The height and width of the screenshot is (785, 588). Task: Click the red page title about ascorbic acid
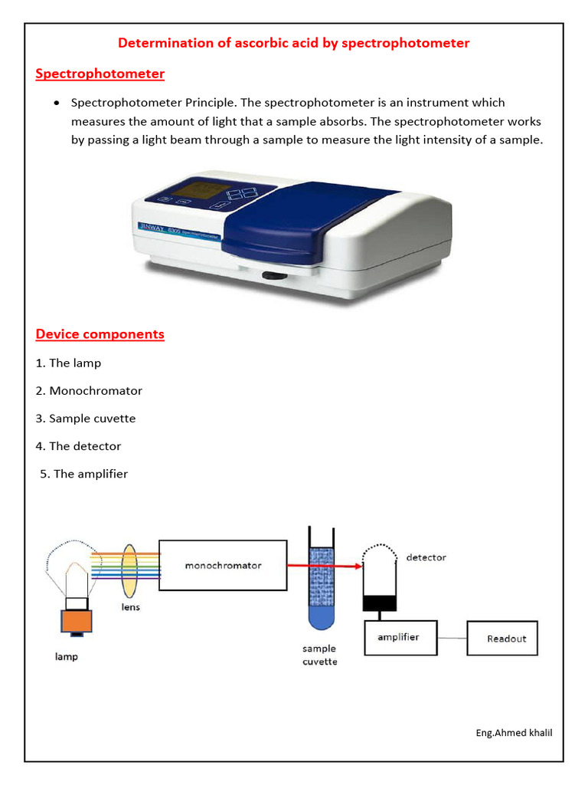pyautogui.click(x=293, y=43)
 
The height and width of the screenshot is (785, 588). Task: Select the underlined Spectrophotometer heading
pyautogui.click(x=100, y=74)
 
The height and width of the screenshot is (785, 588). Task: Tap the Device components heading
pyautogui.click(x=100, y=334)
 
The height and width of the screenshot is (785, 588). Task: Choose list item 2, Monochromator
pyautogui.click(x=89, y=390)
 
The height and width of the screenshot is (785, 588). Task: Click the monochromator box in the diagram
pyautogui.click(x=223, y=565)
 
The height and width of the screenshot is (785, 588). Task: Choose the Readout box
pyautogui.click(x=507, y=639)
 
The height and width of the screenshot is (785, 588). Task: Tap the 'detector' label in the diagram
pyautogui.click(x=426, y=557)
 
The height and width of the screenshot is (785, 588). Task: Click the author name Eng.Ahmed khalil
pyautogui.click(x=514, y=732)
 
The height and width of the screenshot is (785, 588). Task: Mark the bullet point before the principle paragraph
pyautogui.click(x=57, y=103)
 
